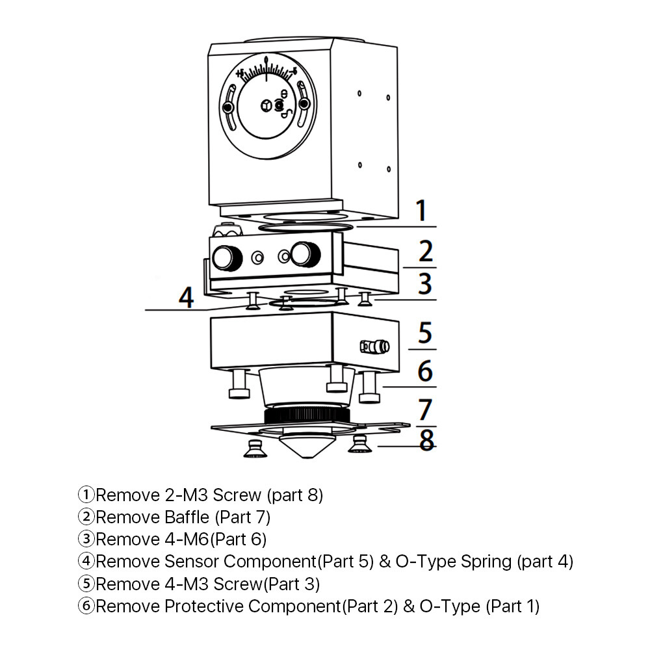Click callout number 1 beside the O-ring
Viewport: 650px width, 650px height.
(x=422, y=211)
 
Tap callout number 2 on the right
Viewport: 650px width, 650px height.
(x=426, y=252)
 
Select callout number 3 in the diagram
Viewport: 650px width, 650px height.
(x=424, y=285)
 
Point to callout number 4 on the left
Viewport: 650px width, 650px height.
(x=187, y=298)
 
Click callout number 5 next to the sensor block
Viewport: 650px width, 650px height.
(x=424, y=333)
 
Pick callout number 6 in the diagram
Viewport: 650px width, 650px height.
(x=424, y=371)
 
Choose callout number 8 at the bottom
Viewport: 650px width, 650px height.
(x=426, y=440)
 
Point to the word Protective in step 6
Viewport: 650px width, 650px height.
(x=205, y=606)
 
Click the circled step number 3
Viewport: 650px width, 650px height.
(x=86, y=539)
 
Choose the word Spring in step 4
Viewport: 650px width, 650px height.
(x=487, y=562)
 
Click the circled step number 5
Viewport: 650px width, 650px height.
(x=86, y=584)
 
